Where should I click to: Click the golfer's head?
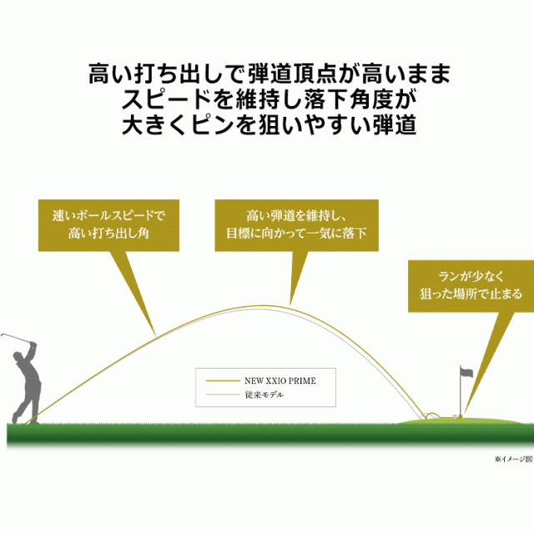point(18,358)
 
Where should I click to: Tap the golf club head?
point(3,335)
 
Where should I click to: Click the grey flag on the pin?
point(466,372)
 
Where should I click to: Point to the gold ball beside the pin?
point(461,416)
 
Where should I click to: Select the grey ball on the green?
point(454,416)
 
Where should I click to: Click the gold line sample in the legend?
point(223,380)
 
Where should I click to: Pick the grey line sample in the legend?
point(223,395)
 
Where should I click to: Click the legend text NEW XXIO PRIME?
point(280,380)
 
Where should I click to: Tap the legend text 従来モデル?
point(264,395)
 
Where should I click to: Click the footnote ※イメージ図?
point(514,459)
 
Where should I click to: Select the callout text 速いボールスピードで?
point(108,215)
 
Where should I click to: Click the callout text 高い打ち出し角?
point(108,234)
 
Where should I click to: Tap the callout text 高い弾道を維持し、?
point(296,215)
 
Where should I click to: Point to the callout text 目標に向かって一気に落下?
point(296,234)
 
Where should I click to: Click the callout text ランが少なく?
point(471,276)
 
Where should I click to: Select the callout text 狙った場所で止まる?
point(471,294)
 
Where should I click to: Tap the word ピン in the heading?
point(212,125)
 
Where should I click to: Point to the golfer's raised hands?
point(33,345)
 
